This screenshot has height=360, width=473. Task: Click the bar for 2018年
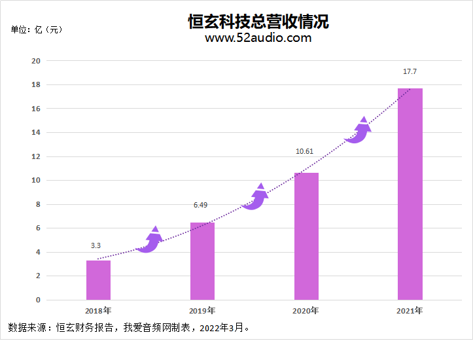pos(98,280)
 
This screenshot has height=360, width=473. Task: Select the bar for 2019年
pos(202,261)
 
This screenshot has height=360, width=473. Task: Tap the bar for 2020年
pos(306,236)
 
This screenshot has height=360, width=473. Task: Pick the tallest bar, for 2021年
pos(410,194)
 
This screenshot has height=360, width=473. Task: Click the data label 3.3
pos(96,245)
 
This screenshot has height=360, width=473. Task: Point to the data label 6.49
pos(200,206)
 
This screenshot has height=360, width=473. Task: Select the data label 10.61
pos(304,151)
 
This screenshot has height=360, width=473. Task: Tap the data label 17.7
pos(410,71)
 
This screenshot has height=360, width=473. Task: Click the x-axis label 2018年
pos(98,310)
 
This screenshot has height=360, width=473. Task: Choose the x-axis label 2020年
pos(306,310)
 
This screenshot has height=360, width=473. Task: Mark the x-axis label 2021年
pos(410,310)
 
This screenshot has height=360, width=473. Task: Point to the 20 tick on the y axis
pos(36,61)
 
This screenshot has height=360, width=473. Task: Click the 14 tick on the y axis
pos(36,132)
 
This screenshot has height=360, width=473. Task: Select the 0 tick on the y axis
pos(38,300)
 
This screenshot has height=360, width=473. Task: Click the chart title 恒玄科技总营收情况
pos(258,22)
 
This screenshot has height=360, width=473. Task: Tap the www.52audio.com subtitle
pos(258,38)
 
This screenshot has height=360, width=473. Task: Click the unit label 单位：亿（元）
pos(37,29)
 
